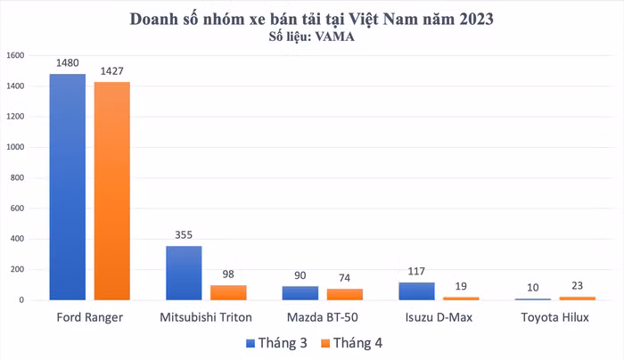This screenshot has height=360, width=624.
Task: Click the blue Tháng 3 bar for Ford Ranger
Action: click(x=68, y=187)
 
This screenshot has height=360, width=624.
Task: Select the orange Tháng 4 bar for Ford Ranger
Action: click(x=112, y=192)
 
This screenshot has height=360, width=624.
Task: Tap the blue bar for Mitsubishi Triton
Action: click(x=184, y=273)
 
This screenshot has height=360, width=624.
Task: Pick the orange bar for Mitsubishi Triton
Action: click(x=228, y=292)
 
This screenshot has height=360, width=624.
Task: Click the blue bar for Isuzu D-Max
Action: click(x=416, y=291)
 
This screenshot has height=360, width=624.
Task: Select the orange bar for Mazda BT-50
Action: click(x=344, y=294)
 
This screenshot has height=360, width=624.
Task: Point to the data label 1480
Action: click(x=68, y=63)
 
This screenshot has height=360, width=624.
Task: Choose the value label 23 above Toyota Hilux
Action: click(x=578, y=286)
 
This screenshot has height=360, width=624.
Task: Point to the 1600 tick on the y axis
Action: click(x=15, y=55)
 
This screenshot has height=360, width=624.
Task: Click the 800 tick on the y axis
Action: click(x=18, y=177)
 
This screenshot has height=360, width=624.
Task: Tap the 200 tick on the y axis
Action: click(x=18, y=269)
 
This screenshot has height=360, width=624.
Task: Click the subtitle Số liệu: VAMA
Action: click(x=311, y=37)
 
